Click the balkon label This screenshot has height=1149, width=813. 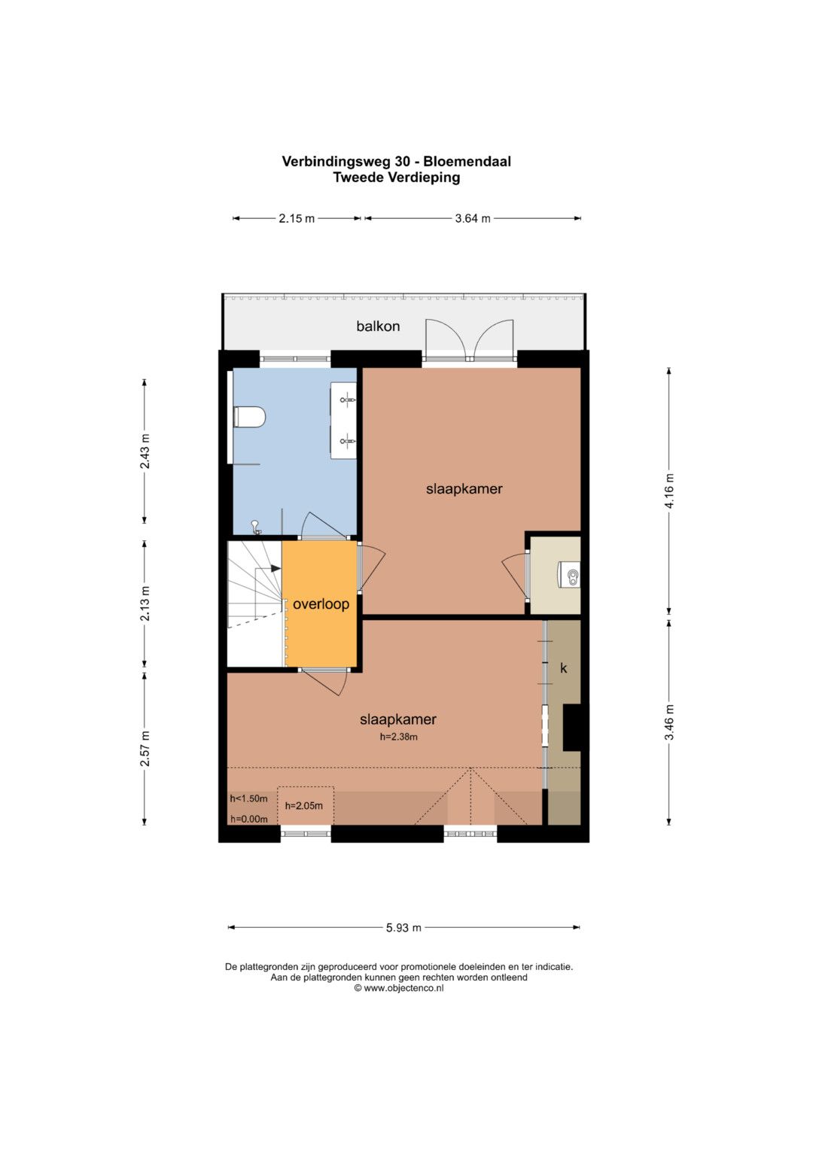pos(378,327)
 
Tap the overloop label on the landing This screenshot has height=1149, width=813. pos(321,604)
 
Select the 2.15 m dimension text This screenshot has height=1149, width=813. pos(296,218)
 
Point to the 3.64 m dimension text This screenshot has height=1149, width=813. pos(473,218)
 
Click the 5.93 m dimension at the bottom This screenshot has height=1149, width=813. pos(404,928)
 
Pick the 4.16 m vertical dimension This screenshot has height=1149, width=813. pos(669,491)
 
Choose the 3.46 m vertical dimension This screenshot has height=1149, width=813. pos(669,722)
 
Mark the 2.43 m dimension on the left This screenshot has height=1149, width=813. pos(145,451)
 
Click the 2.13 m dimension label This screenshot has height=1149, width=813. pos(145,603)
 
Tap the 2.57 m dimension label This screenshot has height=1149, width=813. pos(145,749)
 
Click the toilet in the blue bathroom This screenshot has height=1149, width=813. pos(249,417)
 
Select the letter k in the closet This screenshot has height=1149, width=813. pos(564,668)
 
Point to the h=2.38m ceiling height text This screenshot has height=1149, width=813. pos(398,737)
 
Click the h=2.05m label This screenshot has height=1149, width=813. pos(304,806)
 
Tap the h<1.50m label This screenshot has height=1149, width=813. pos(249,798)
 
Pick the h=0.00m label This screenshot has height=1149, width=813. pos(249,819)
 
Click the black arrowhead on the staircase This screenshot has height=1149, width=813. pos(276,568)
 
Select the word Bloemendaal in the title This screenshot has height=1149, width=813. pos(467,162)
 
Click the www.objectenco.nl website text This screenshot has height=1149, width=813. pos(403,988)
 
